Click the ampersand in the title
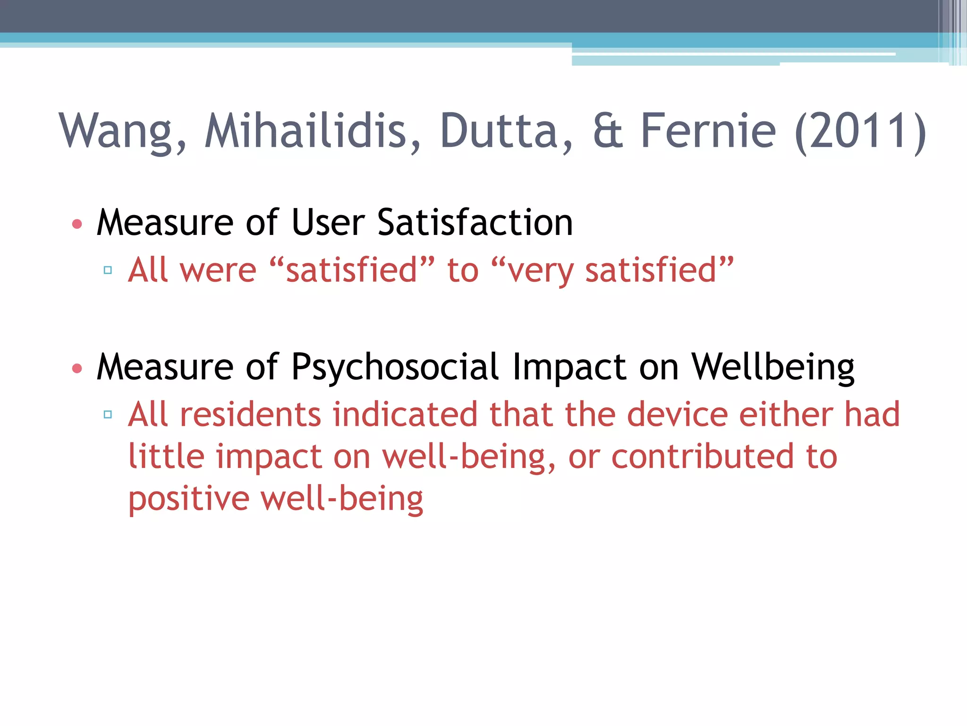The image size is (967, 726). click(x=608, y=131)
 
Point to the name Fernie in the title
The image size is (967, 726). click(x=708, y=131)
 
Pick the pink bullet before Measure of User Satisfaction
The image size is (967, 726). click(x=77, y=224)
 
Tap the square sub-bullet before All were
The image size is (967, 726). click(x=108, y=270)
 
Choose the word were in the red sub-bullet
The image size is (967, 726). click(x=218, y=270)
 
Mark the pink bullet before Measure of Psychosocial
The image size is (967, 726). click(x=77, y=368)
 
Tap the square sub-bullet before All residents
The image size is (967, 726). click(x=108, y=415)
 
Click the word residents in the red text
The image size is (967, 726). click(x=251, y=415)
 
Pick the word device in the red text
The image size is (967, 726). click(x=677, y=415)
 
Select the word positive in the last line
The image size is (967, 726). click(x=189, y=499)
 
